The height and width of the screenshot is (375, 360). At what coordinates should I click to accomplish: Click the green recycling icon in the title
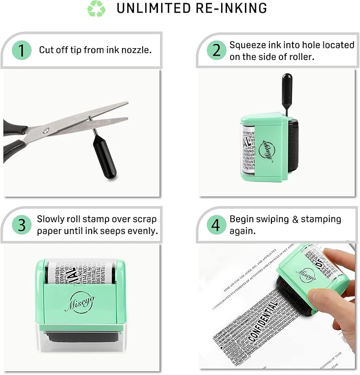[x=96, y=8]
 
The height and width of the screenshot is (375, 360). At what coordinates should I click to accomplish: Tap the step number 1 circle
[x=22, y=50]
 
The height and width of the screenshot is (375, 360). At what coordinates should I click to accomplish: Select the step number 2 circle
[x=216, y=50]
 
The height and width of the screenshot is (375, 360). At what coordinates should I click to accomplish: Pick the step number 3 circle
[x=22, y=225]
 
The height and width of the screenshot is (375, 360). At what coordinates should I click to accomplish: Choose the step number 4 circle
[x=215, y=225]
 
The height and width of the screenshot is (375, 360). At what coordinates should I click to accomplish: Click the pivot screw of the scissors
[x=47, y=130]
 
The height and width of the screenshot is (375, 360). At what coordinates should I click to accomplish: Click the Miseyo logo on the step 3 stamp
[x=80, y=302]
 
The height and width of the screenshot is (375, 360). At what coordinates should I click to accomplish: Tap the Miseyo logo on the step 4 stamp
[x=306, y=273]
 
